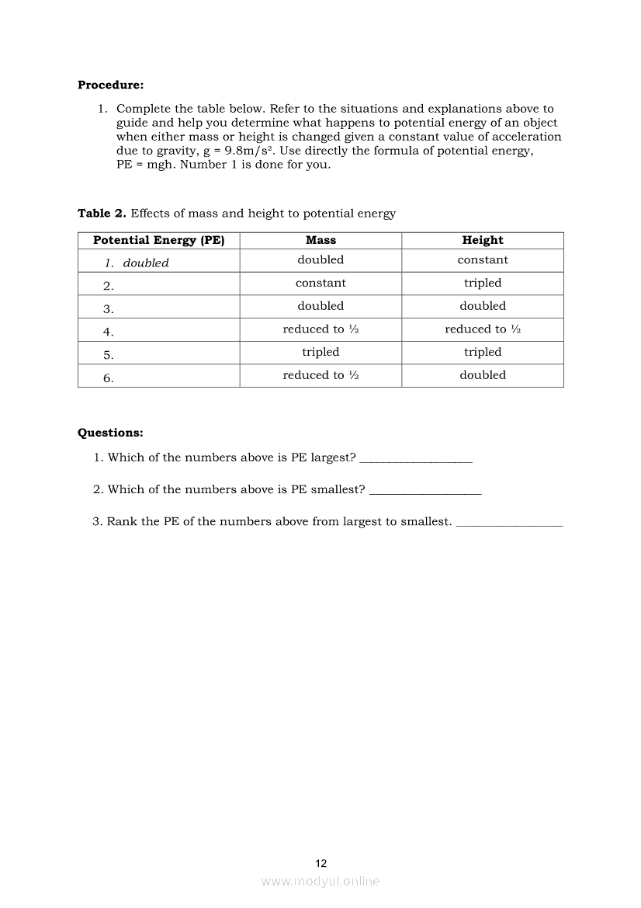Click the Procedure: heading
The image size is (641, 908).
[110, 85]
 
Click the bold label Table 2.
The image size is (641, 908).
[102, 214]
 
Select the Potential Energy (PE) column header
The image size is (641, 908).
[158, 240]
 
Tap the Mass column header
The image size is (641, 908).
[320, 240]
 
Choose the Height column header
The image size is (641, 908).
[483, 240]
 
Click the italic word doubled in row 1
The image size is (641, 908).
[146, 263]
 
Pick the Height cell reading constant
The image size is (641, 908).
[483, 260]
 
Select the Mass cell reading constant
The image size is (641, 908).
[320, 284]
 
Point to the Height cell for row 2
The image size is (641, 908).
[483, 284]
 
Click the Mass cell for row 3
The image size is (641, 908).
[320, 306]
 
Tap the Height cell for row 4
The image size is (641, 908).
[483, 329]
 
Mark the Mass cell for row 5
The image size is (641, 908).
[320, 352]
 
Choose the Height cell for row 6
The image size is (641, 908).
[483, 375]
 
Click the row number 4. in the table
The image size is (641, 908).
[109, 332]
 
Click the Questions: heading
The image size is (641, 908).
[110, 433]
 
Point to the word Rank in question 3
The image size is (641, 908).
[122, 522]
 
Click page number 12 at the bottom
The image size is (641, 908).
[321, 863]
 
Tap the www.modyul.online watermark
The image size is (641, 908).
[320, 882]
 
